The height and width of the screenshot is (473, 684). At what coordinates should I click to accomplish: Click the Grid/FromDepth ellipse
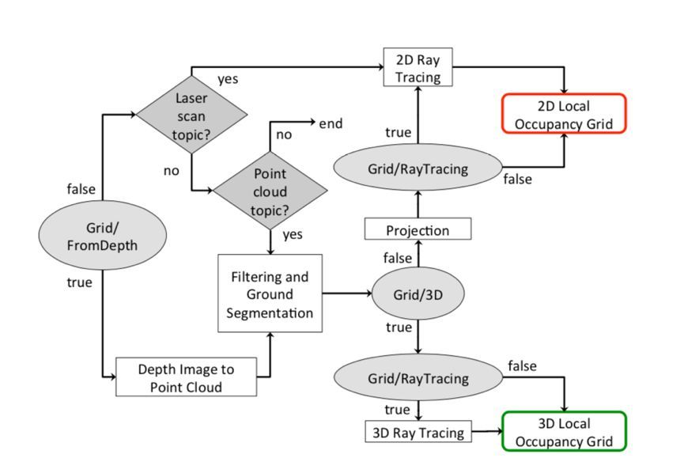[x=103, y=236]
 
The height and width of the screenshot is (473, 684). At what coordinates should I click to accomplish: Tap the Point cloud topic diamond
[x=270, y=191]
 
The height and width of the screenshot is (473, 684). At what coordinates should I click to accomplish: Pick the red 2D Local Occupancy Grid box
[x=564, y=114]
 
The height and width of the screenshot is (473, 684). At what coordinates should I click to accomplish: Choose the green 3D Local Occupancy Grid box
[x=564, y=432]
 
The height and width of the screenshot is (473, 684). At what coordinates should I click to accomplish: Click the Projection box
[x=418, y=230]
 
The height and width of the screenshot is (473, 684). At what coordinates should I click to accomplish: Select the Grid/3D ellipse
[x=418, y=294]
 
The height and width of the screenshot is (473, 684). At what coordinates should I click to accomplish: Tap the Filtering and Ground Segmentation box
[x=270, y=294]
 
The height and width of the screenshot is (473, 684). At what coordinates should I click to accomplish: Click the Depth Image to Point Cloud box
[x=187, y=377]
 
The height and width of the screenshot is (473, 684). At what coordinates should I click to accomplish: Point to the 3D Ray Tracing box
[x=418, y=433]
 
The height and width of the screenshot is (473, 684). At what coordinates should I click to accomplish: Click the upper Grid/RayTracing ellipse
[x=418, y=168]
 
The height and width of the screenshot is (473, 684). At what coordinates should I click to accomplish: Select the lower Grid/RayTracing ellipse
[x=418, y=378]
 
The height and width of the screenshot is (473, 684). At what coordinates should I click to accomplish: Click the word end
[x=331, y=123]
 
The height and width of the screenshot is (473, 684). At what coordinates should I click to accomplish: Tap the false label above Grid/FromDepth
[x=81, y=189]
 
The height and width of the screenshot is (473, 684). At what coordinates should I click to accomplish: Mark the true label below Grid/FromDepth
[x=79, y=282]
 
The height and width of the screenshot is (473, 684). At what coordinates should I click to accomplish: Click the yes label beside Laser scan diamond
[x=228, y=79]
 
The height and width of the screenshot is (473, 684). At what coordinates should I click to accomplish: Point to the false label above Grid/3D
[x=397, y=258]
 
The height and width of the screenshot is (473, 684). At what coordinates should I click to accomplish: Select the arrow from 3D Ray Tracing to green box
[x=486, y=433]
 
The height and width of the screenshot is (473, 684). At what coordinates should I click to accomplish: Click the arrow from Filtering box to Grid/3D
[x=346, y=294]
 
